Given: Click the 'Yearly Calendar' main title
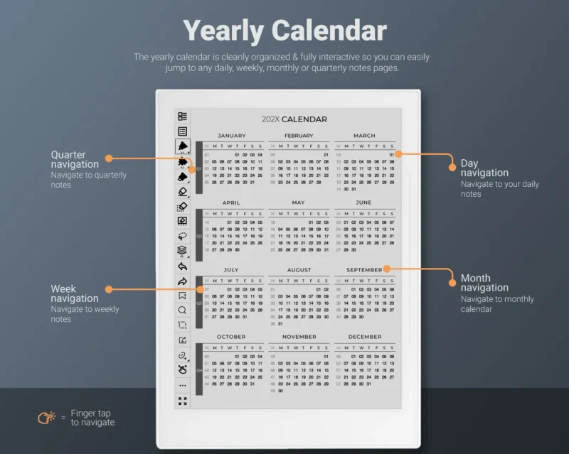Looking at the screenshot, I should [x=284, y=31].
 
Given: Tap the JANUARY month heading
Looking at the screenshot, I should [x=231, y=136].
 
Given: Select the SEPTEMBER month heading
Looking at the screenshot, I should [x=364, y=270].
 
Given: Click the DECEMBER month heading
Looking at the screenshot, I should [x=365, y=337].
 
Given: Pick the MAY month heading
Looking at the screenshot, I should [x=298, y=202].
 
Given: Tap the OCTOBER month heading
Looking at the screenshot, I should [x=231, y=337].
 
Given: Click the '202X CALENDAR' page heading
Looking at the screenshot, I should [x=294, y=119].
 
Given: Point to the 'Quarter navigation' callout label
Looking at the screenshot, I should [x=75, y=159].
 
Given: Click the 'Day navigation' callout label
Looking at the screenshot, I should [x=484, y=168].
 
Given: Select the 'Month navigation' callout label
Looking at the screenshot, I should [x=484, y=283].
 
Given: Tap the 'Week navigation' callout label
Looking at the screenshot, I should [x=75, y=293].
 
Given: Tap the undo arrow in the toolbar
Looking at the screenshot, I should [x=183, y=266].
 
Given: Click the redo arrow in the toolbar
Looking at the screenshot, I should [x=183, y=281].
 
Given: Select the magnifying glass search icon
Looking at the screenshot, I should [x=183, y=310].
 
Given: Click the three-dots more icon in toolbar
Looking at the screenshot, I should [x=183, y=385].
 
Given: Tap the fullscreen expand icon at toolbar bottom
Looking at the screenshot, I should [x=183, y=401].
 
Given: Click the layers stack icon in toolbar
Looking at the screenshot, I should [x=183, y=250].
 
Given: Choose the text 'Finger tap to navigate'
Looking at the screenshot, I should [x=90, y=418].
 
